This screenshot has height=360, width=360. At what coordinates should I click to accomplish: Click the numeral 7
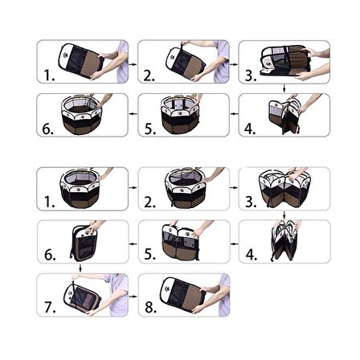(x=49, y=307)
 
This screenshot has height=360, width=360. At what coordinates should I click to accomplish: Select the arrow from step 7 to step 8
(x=133, y=297)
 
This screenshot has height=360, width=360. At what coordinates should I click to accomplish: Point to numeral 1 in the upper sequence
(x=47, y=75)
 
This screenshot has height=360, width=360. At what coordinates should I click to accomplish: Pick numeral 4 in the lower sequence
(x=250, y=254)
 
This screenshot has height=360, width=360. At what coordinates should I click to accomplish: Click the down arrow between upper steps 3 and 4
(x=284, y=88)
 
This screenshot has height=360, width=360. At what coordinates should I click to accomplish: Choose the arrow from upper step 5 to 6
(x=133, y=114)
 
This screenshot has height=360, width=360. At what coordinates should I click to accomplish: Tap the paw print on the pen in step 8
(x=167, y=289)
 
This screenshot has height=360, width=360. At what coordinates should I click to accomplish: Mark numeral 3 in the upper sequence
(x=249, y=76)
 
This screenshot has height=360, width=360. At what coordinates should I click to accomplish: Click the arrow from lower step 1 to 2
(x=133, y=187)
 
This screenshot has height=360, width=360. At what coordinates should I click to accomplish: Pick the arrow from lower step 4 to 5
(x=235, y=243)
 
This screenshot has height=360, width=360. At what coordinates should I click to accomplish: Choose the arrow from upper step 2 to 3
(x=234, y=64)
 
